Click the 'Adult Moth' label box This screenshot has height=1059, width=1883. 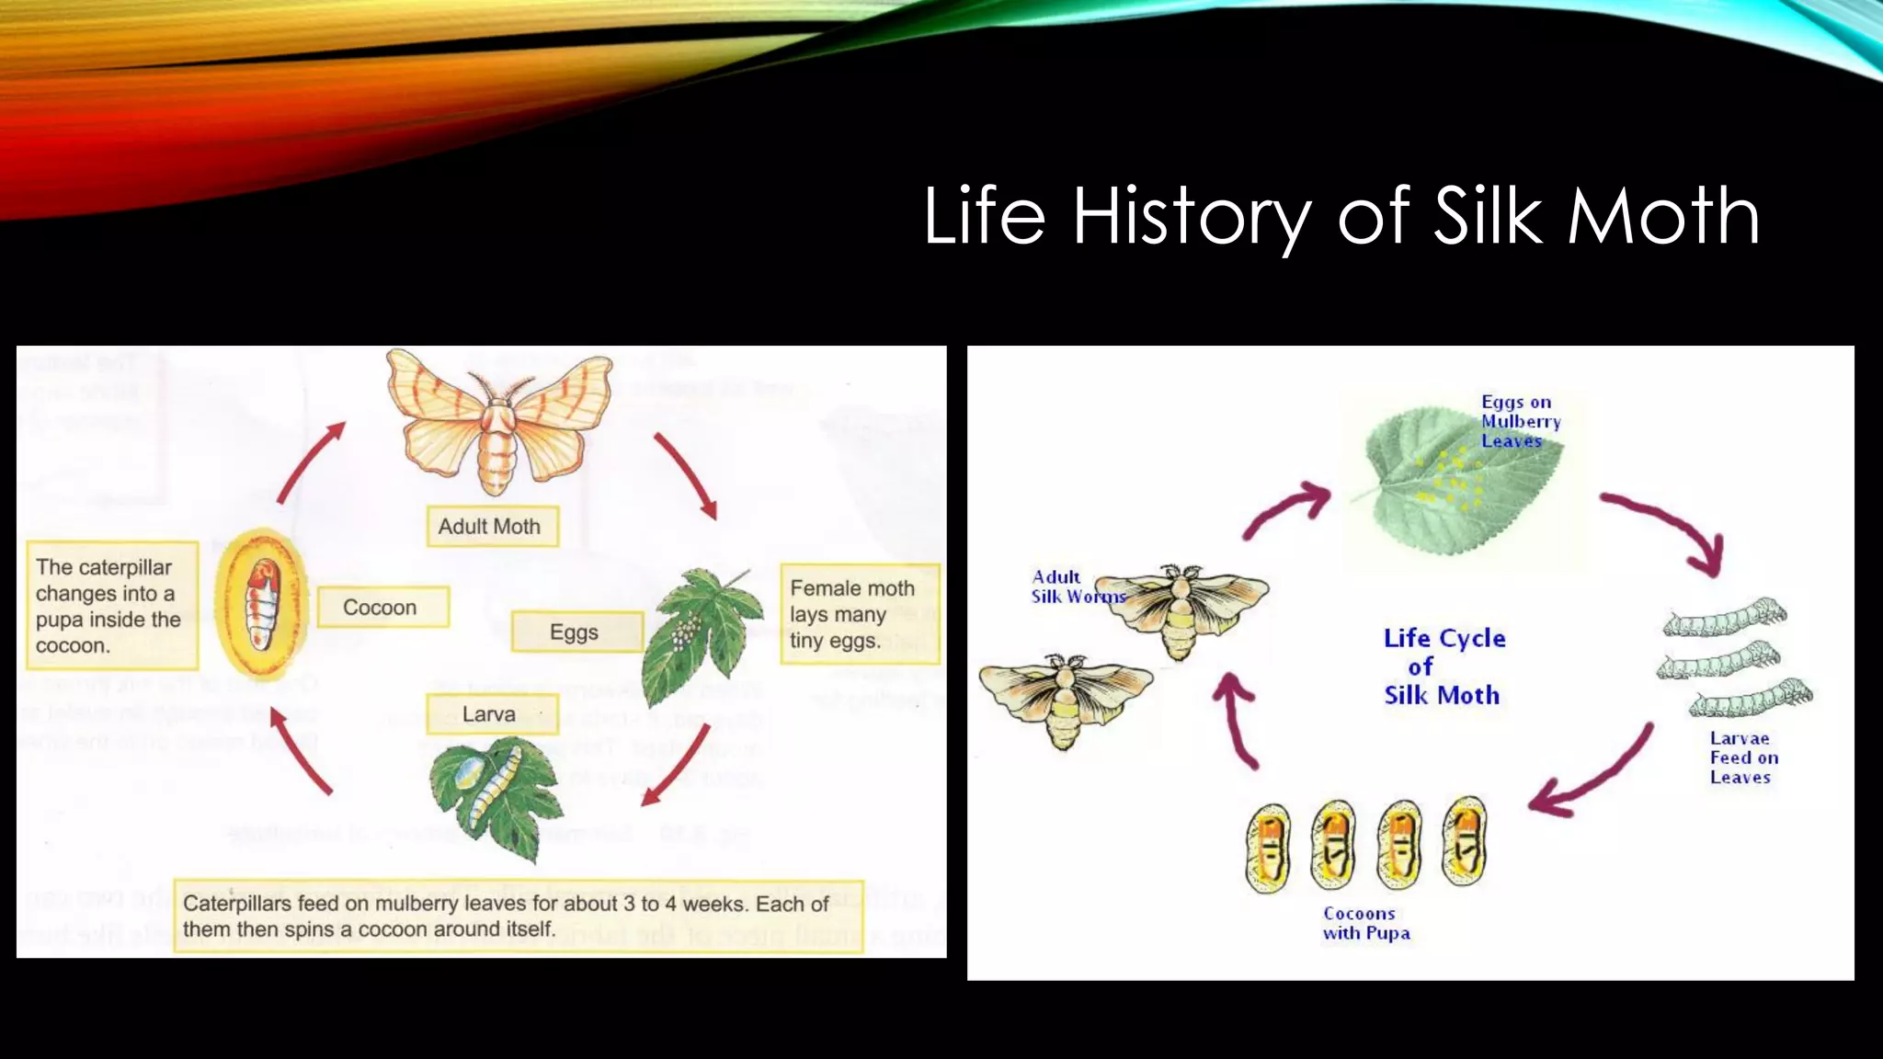(492, 527)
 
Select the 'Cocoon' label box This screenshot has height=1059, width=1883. (382, 608)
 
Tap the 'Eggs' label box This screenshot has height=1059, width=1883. (576, 632)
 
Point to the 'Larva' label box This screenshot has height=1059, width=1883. (491, 714)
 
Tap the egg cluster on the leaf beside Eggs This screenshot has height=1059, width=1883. (685, 632)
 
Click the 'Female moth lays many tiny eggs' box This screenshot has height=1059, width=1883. (858, 614)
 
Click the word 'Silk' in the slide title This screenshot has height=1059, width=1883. (1487, 216)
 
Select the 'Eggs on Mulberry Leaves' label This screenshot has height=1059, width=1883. (1520, 421)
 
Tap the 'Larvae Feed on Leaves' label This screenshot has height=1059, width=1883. (1743, 757)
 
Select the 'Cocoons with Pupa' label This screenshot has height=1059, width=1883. (1365, 923)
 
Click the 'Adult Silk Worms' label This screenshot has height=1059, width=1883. (1067, 586)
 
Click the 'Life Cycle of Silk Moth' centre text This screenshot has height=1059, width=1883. (1443, 666)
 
